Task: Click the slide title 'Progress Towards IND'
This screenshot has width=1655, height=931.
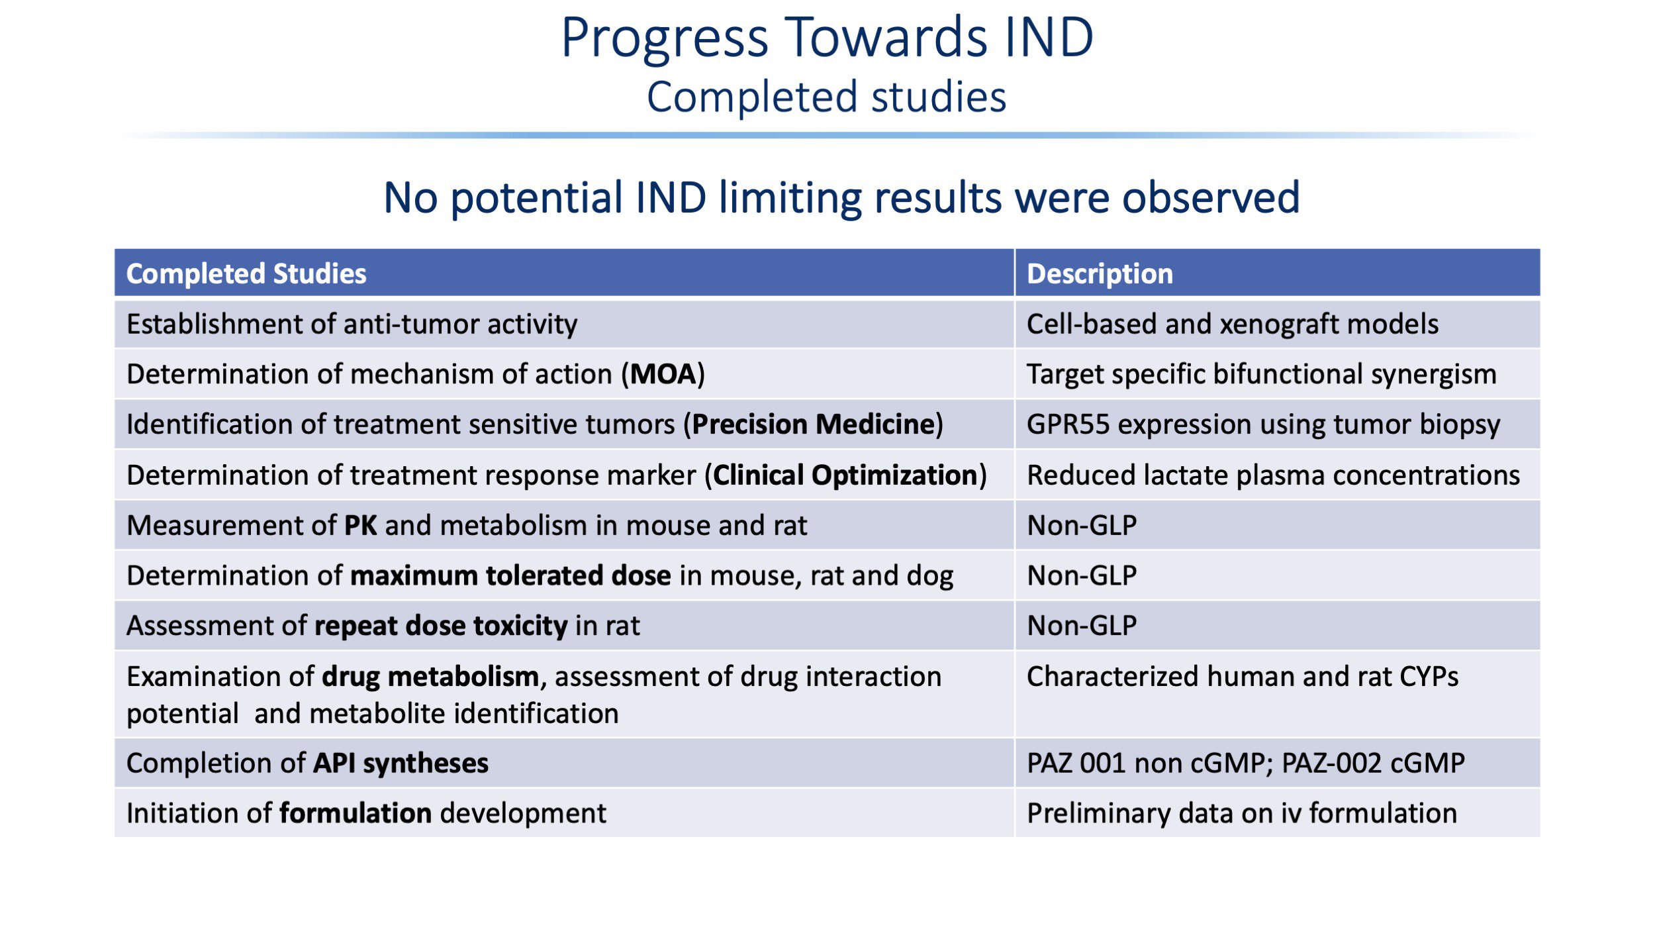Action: (827, 38)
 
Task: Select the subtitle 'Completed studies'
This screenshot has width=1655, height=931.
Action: (826, 97)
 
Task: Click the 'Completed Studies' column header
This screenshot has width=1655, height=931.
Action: (246, 273)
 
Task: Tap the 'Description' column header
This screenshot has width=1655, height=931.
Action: (1100, 273)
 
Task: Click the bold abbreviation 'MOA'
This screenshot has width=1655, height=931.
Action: (663, 374)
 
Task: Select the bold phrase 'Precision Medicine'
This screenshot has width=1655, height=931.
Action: (814, 424)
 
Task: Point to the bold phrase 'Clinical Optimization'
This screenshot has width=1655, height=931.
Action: (845, 475)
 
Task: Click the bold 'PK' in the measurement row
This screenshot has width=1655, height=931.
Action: (361, 525)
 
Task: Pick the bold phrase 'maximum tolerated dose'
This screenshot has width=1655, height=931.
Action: (510, 575)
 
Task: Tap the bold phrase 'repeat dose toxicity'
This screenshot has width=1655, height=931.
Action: (441, 626)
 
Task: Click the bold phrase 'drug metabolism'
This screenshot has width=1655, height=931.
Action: (430, 677)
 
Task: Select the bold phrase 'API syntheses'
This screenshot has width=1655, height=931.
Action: (401, 763)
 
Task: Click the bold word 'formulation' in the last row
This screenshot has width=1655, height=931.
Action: (355, 813)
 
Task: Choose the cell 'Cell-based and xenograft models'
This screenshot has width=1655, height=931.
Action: (1233, 324)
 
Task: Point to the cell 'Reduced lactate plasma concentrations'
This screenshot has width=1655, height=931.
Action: (1273, 475)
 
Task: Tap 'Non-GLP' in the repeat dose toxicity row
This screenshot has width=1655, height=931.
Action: (1082, 626)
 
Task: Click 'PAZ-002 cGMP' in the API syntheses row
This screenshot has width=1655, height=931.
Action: (1373, 763)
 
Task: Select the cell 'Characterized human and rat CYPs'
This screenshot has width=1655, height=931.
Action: (1243, 677)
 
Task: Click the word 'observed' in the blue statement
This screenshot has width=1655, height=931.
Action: (1211, 197)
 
